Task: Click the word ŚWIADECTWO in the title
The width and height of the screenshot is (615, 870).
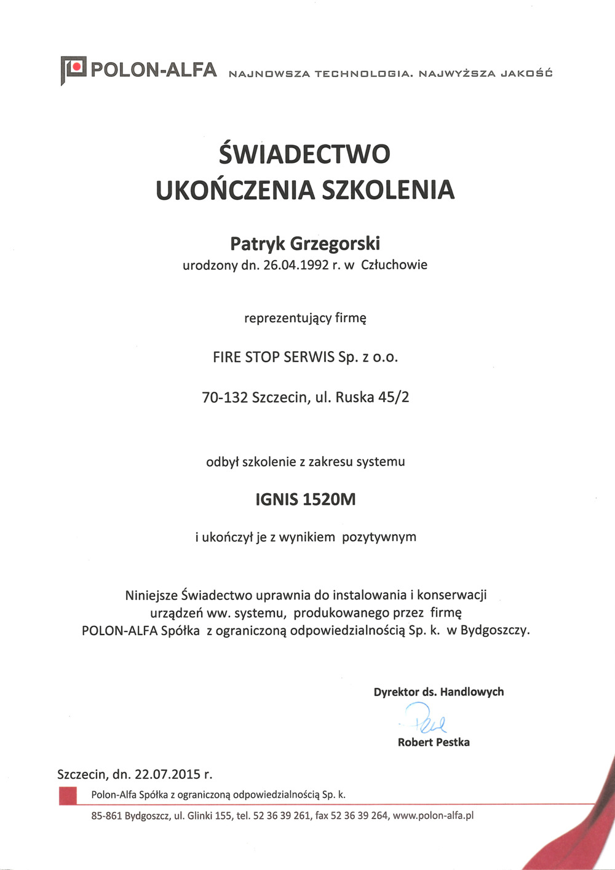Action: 304,154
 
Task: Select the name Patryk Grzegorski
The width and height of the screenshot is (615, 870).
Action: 305,243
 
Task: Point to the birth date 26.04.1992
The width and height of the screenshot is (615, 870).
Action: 296,266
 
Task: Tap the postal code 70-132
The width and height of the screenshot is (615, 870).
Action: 224,397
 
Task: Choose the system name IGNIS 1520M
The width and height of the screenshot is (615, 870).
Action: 306,499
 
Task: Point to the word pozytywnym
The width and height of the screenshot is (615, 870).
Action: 379,537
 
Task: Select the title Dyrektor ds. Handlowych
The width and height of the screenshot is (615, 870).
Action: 438,692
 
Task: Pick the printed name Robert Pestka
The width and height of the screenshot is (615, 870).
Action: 434,742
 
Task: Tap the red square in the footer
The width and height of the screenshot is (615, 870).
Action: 68,796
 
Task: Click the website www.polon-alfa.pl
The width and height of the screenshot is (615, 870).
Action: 433,816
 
